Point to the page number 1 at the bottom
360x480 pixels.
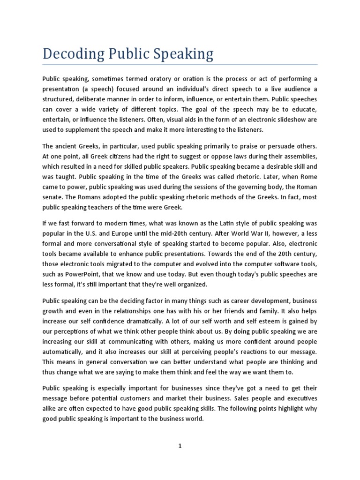(x=180, y=447)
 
